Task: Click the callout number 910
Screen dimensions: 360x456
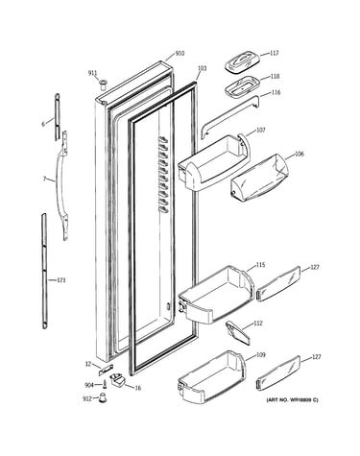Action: click(180, 53)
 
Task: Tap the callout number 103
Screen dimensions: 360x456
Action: click(202, 68)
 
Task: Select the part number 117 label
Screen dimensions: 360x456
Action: click(275, 53)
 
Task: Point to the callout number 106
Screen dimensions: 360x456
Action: click(300, 154)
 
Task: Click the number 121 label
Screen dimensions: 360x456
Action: click(61, 280)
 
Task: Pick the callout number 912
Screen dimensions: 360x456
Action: click(87, 398)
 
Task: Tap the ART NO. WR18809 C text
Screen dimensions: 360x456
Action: click(293, 399)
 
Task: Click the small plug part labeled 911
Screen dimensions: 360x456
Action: click(103, 84)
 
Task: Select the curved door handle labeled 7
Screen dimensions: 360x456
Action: click(60, 185)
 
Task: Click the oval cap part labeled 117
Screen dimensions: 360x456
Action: click(241, 62)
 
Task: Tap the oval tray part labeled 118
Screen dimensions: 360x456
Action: click(241, 86)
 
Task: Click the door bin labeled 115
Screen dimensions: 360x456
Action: click(216, 295)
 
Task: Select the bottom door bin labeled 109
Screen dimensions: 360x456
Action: click(212, 377)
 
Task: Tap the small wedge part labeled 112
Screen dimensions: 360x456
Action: click(238, 333)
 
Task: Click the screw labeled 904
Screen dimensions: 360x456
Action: click(105, 385)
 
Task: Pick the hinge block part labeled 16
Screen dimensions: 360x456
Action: click(117, 381)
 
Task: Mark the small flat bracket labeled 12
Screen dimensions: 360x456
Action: click(106, 370)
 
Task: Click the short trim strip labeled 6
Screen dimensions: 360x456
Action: click(57, 117)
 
